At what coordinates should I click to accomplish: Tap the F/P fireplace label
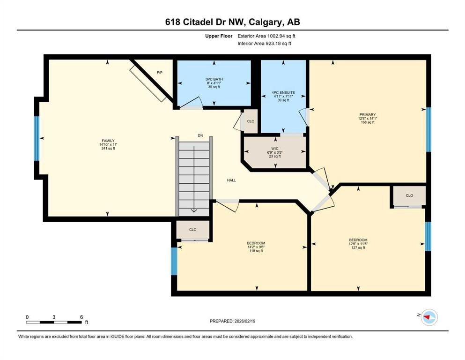159,73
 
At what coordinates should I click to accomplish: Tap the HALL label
231,180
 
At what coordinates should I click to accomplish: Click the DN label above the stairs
200,135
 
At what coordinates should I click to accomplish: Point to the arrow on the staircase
194,210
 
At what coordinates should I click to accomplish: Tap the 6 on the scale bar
81,317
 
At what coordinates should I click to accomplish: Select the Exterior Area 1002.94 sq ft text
266,36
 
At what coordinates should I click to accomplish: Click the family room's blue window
37,138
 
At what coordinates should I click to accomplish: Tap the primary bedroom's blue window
428,129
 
